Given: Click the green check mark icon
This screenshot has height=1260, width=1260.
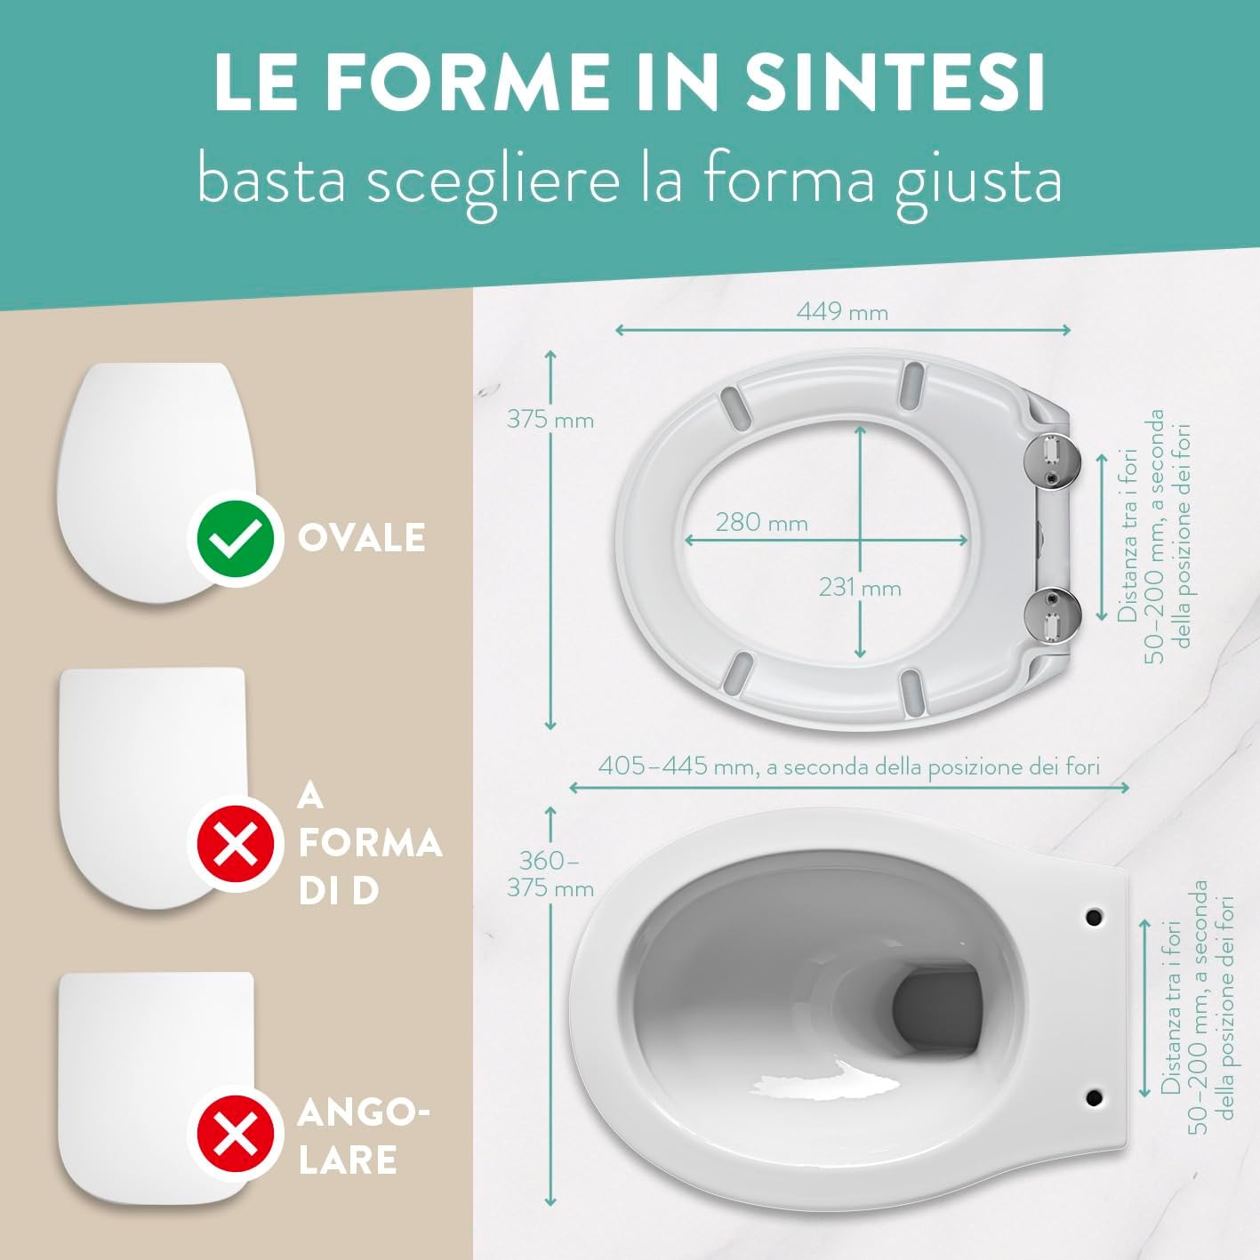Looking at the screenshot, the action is [x=236, y=539].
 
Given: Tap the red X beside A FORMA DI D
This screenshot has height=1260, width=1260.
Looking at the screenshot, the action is [x=236, y=844].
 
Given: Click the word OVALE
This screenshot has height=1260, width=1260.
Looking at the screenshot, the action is [x=362, y=538].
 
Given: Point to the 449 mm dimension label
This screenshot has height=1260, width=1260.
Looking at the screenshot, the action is [x=842, y=312].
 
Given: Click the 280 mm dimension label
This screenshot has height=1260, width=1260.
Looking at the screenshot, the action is [x=762, y=523].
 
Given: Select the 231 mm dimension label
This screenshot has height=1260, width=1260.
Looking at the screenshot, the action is [x=860, y=588].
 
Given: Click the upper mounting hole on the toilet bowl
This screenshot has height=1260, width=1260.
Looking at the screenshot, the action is [x=1094, y=918].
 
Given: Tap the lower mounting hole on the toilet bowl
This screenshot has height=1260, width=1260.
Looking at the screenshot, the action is [x=1094, y=1096].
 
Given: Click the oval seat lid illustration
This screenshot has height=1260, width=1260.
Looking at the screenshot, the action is [x=156, y=483].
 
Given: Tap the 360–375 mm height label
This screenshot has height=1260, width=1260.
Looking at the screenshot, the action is [x=550, y=874].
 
